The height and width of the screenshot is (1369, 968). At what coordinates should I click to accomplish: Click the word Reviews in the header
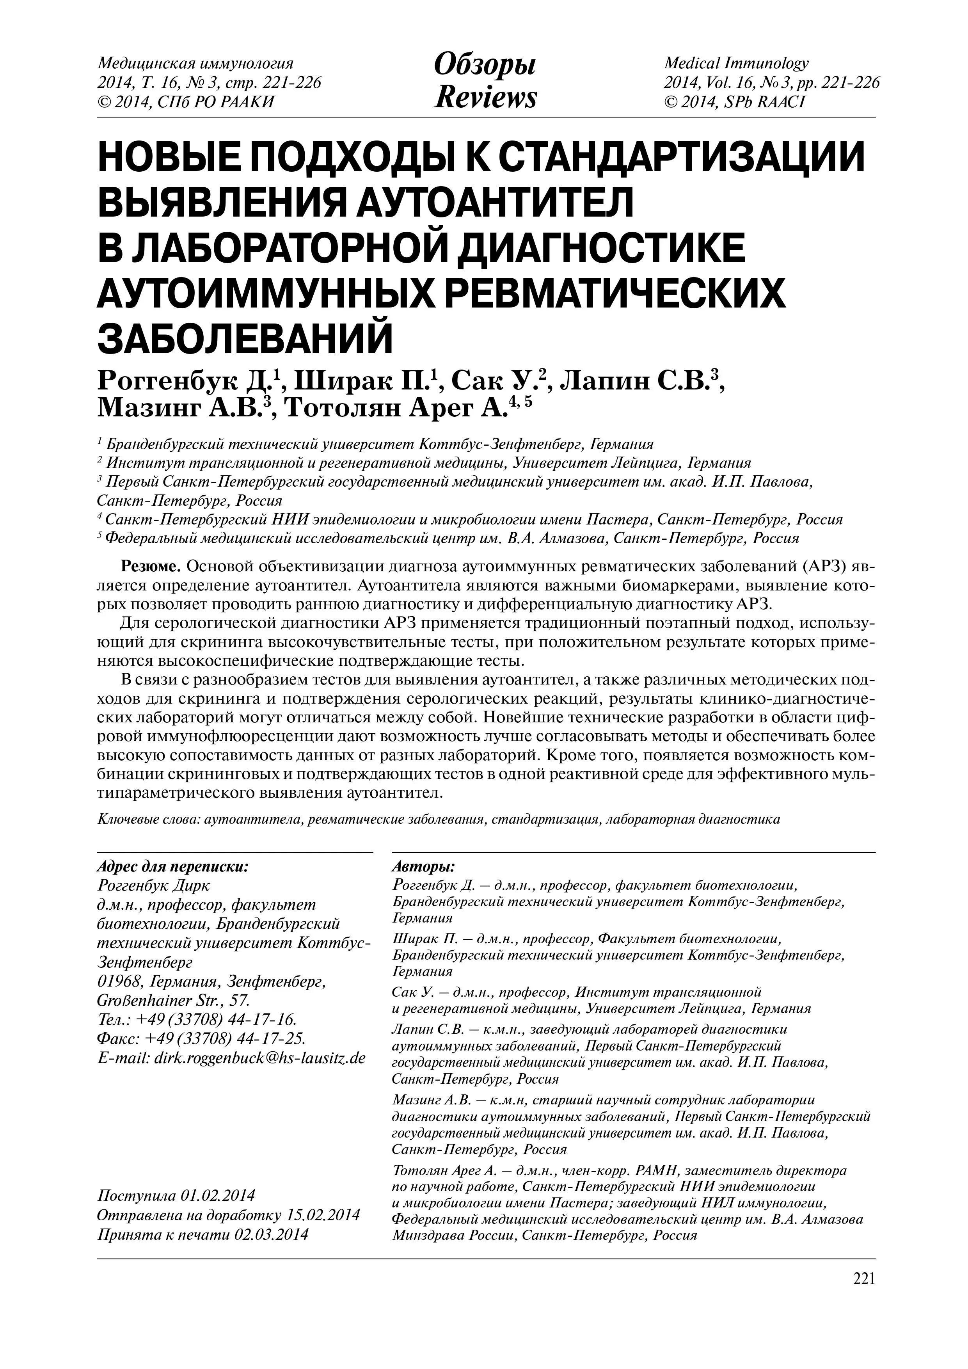click(x=485, y=97)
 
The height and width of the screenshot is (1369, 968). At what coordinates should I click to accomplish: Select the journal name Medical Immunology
click(x=736, y=63)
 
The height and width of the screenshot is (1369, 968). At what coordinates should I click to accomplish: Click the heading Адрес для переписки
click(x=173, y=866)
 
